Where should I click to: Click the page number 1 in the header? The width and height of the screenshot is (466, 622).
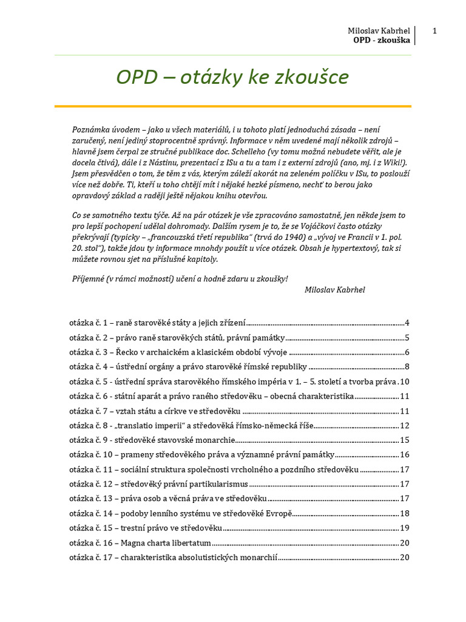[435, 31]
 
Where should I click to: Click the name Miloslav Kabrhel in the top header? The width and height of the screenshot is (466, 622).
[379, 31]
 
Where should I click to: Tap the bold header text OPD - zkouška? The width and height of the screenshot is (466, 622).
[381, 40]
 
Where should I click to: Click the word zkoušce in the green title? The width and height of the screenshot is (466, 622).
[314, 77]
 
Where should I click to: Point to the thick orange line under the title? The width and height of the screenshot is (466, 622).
[233, 106]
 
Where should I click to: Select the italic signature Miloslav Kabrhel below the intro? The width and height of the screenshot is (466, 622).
[335, 290]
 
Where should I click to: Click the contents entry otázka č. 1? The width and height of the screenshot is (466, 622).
[158, 323]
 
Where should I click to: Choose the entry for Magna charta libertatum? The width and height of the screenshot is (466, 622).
[140, 542]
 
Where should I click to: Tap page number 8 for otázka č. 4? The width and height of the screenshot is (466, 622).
[407, 367]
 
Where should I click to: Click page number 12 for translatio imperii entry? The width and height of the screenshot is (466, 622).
[405, 426]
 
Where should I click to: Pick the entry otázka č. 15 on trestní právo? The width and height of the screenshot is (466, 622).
[146, 528]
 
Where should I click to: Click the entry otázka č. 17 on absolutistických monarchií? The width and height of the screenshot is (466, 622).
[173, 557]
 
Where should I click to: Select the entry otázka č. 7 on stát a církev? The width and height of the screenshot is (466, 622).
[155, 411]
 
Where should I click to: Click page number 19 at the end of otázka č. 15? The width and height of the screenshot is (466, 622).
[405, 528]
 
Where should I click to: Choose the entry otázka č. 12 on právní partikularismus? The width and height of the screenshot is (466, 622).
[159, 484]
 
